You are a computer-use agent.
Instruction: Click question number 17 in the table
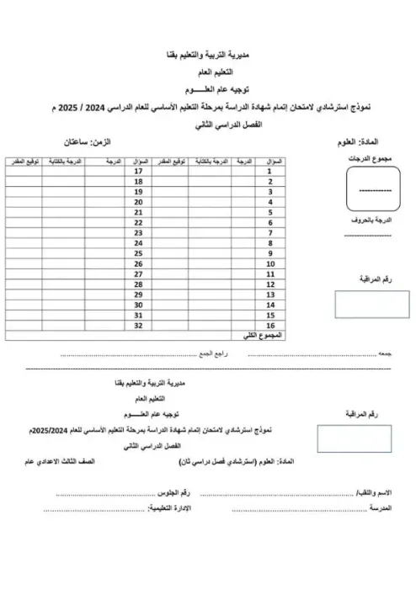[139, 171]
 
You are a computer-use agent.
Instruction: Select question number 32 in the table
[139, 324]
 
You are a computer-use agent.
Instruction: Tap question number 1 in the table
[272, 171]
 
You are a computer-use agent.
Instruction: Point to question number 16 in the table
[272, 324]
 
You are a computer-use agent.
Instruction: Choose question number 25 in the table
[139, 252]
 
